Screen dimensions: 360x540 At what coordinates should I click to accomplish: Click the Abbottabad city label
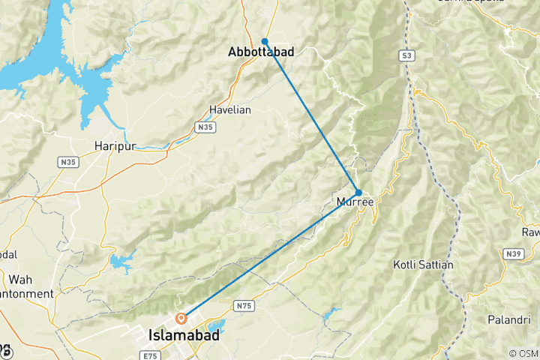261,52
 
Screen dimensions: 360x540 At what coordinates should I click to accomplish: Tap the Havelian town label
229,109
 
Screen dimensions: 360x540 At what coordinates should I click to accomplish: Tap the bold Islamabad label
185,336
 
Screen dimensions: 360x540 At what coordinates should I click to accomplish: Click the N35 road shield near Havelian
205,128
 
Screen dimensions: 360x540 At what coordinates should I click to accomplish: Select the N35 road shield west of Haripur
68,161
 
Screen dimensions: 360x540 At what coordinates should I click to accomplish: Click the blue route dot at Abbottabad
265,41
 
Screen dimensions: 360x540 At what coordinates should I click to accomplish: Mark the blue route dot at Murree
358,193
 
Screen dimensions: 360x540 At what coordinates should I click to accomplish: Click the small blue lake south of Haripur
119,262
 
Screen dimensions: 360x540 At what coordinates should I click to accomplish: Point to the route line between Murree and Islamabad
270,255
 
